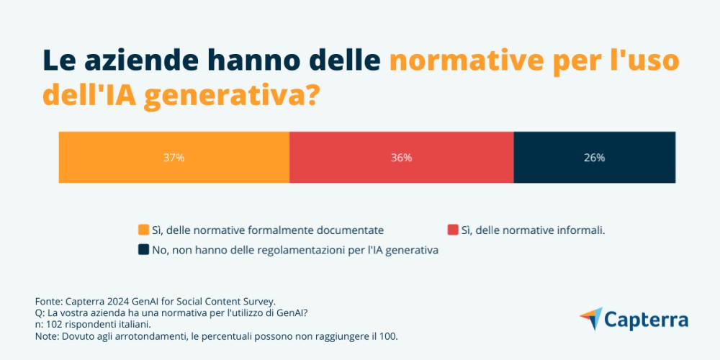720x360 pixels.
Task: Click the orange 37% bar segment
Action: click(x=174, y=158)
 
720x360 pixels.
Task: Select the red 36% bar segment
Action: click(x=402, y=158)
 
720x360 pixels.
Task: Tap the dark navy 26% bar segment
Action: click(x=595, y=158)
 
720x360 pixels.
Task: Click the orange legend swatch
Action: click(x=144, y=230)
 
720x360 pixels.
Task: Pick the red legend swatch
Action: click(x=453, y=230)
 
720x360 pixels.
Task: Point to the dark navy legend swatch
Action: click(x=144, y=250)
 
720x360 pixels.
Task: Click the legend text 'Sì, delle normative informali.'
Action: click(x=533, y=230)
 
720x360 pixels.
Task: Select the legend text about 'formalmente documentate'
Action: click(x=268, y=230)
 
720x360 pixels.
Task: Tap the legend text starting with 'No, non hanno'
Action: click(x=295, y=251)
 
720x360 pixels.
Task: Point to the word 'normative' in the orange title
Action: click(x=467, y=61)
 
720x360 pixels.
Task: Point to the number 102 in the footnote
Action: click(x=52, y=325)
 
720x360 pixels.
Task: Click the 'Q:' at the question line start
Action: click(x=40, y=313)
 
